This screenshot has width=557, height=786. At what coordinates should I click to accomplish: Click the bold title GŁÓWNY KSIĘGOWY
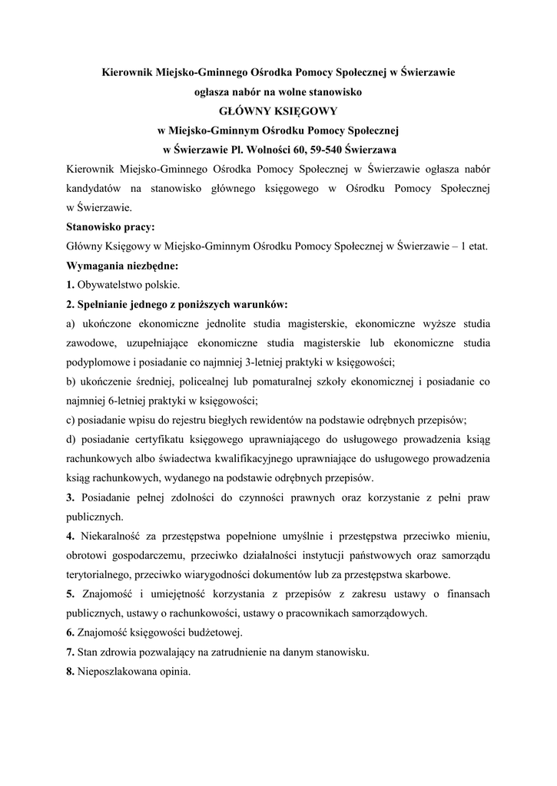[278, 111]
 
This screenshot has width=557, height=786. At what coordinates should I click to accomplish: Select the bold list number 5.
[70, 594]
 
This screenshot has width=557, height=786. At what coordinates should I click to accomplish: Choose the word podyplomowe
[101, 362]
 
